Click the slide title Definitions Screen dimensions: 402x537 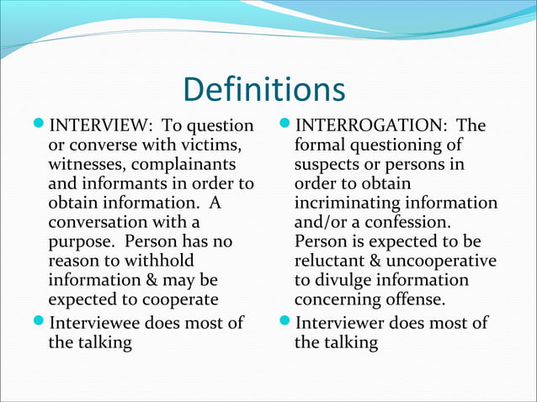263,91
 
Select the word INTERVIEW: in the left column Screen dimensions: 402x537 97,126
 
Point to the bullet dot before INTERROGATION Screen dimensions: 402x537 285,126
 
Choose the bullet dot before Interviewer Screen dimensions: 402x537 285,323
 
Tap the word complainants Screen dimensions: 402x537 185,165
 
